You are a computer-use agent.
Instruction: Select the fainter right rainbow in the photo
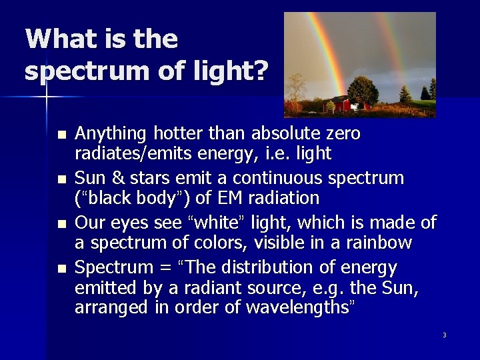(x=393, y=47)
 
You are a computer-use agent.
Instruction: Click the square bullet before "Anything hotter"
(x=62, y=134)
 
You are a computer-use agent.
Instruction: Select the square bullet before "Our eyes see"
(x=62, y=223)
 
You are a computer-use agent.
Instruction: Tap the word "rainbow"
(x=379, y=242)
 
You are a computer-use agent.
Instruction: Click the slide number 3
(x=444, y=335)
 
